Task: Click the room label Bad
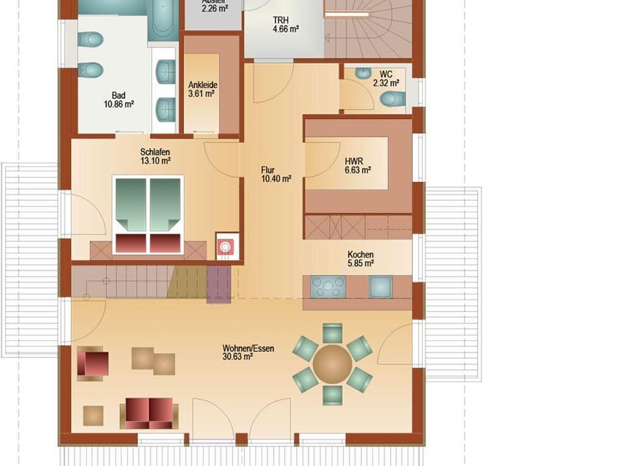coord(118,94)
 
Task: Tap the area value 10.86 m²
coord(119,104)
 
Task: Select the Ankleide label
coord(202,85)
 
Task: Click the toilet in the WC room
coord(393,98)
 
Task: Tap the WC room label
coord(386,74)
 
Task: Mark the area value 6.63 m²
coord(357,170)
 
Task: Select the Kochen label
coord(360,254)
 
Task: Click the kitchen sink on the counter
coord(380,286)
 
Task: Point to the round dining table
coord(332,364)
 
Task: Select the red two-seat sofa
coord(149,412)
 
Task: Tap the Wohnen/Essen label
coord(248,348)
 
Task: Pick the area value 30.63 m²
coord(237,357)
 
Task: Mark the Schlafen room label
coord(155,152)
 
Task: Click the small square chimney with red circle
coord(225,247)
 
